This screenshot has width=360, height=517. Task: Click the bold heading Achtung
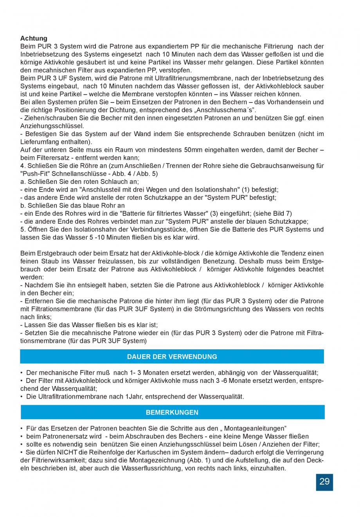point(34,38)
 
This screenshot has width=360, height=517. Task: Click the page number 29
point(324,482)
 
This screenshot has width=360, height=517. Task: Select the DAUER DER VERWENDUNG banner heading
point(172,357)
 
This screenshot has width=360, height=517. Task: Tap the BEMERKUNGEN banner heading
point(172,412)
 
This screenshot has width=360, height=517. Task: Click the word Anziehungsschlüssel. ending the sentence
point(52,126)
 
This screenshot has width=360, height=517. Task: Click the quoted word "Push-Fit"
point(34,174)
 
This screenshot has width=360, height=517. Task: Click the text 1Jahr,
point(135,397)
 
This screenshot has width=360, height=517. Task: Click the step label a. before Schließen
point(22,181)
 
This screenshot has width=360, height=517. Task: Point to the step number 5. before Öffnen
point(23,229)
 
